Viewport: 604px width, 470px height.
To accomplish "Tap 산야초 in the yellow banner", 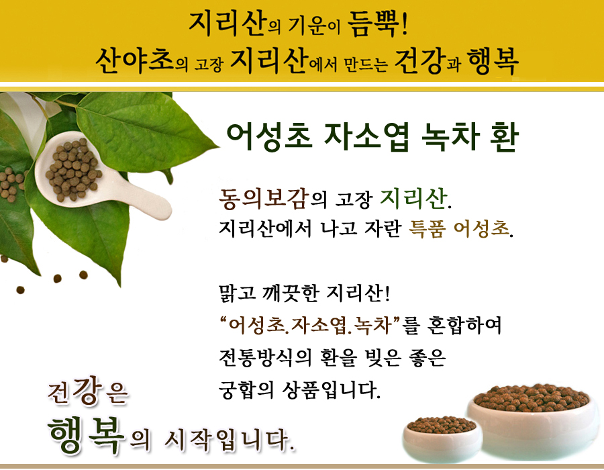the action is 134,61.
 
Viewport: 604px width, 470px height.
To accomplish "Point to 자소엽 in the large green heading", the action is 366,136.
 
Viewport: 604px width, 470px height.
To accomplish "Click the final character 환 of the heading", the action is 504,136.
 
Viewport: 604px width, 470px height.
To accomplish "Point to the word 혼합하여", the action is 464,326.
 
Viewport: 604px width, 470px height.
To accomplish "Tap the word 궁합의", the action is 246,390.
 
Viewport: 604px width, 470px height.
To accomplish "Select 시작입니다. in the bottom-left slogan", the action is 230,440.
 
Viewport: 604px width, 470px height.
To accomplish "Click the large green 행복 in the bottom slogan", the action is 87,434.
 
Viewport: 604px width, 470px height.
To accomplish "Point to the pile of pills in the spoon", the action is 74,169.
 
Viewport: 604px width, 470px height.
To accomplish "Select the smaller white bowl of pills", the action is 442,438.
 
